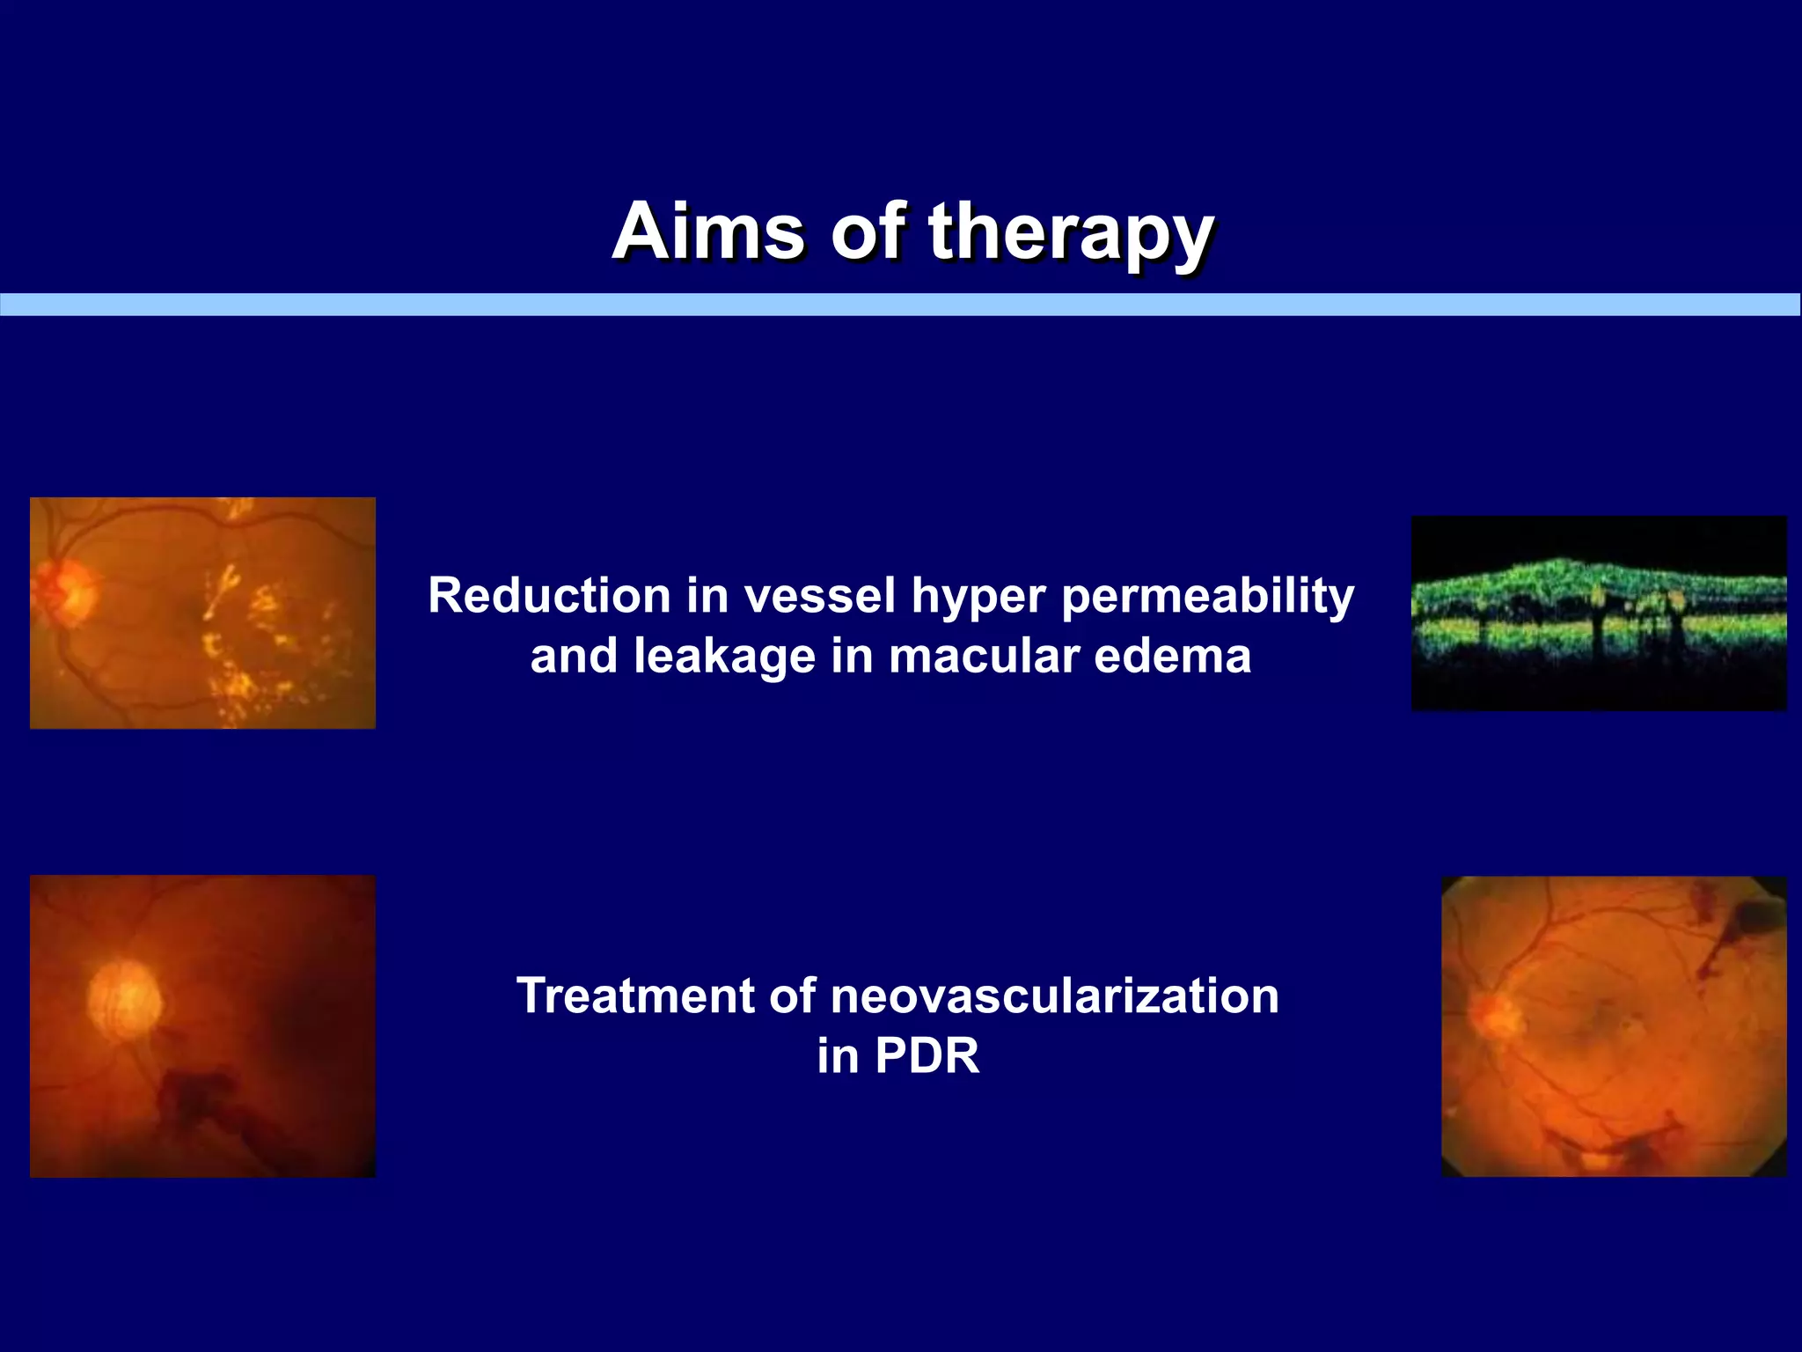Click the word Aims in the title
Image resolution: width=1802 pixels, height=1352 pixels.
708,231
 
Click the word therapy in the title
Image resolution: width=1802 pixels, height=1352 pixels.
1071,232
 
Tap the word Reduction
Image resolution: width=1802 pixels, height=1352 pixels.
549,596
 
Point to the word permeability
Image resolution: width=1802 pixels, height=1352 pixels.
1207,598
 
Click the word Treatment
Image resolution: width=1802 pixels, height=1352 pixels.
635,996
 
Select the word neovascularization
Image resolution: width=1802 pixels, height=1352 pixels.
1053,996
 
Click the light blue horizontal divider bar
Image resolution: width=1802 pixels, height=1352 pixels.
900,305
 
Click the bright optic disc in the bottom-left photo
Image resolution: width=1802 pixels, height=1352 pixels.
125,1000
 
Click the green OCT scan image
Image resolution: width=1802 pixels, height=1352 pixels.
1598,613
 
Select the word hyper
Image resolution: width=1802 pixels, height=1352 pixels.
978,598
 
